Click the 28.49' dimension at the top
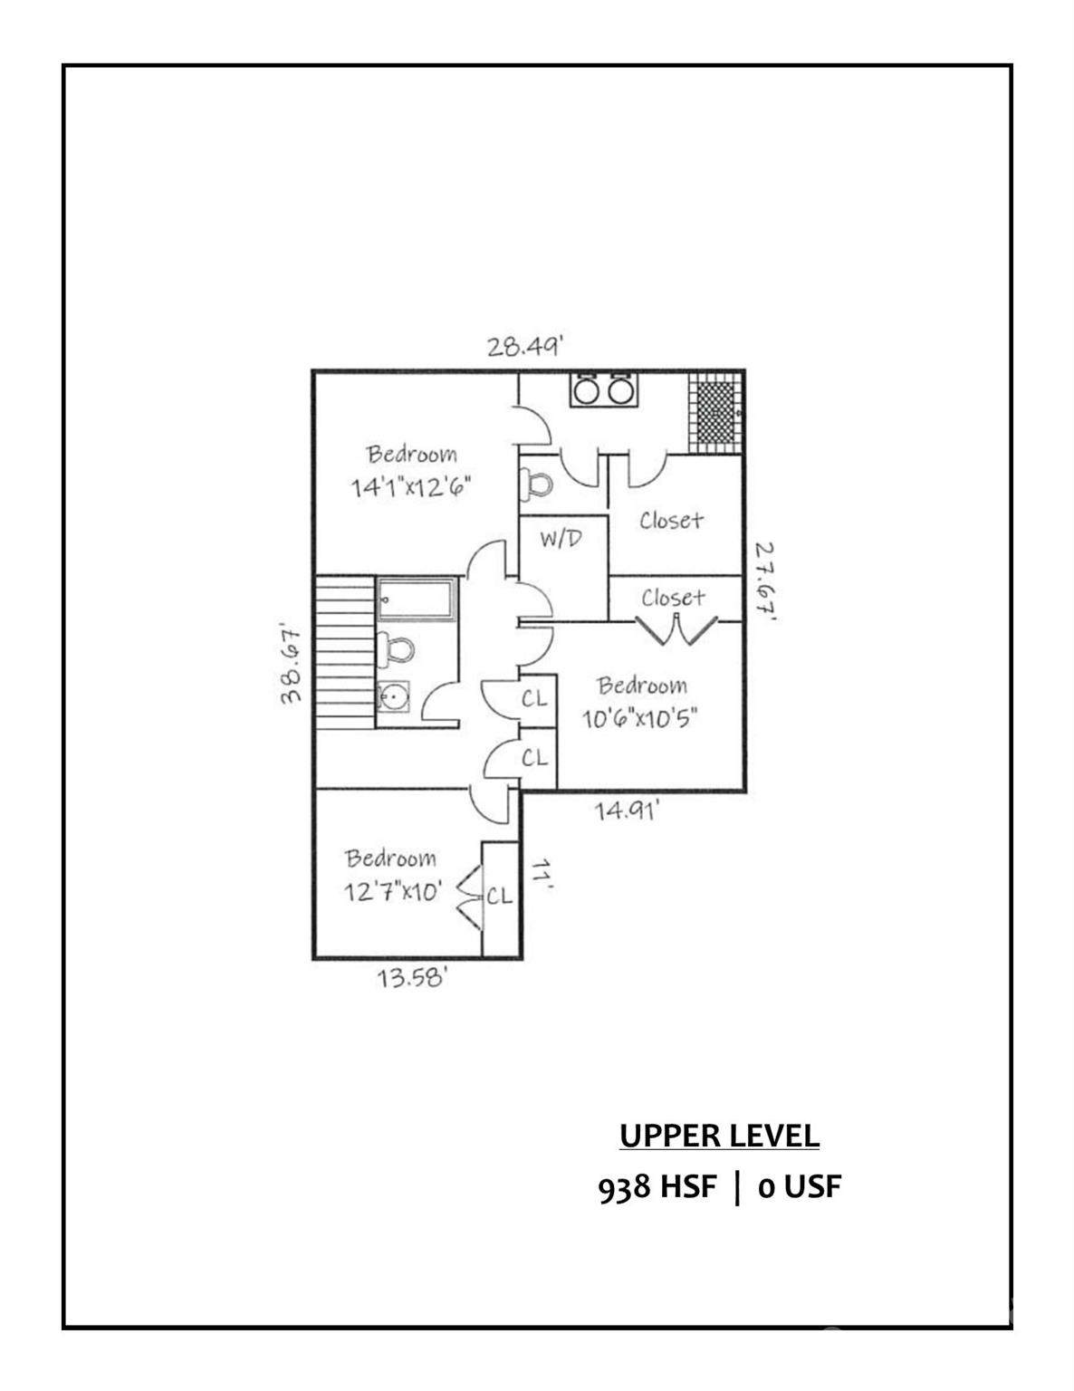525,347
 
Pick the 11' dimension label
541,876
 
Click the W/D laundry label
561,540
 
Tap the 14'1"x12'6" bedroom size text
412,487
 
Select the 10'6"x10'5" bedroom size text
641,719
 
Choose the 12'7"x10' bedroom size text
392,892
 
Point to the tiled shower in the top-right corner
714,412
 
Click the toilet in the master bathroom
536,483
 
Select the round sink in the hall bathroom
393,697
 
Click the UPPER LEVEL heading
719,1135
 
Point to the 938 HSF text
657,1187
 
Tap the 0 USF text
800,1187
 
